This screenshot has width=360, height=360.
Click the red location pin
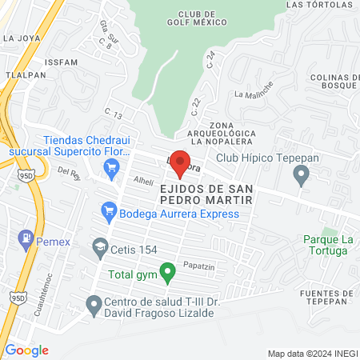point(180,160)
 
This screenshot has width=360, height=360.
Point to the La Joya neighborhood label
point(22,38)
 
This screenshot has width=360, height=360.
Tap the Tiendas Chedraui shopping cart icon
point(111,167)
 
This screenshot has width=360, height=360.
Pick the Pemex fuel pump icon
point(26,237)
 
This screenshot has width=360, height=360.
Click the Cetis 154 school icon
point(99,247)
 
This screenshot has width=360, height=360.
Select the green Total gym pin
point(167,273)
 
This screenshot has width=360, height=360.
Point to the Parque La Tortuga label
point(326,245)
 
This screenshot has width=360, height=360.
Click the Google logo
point(26,350)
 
